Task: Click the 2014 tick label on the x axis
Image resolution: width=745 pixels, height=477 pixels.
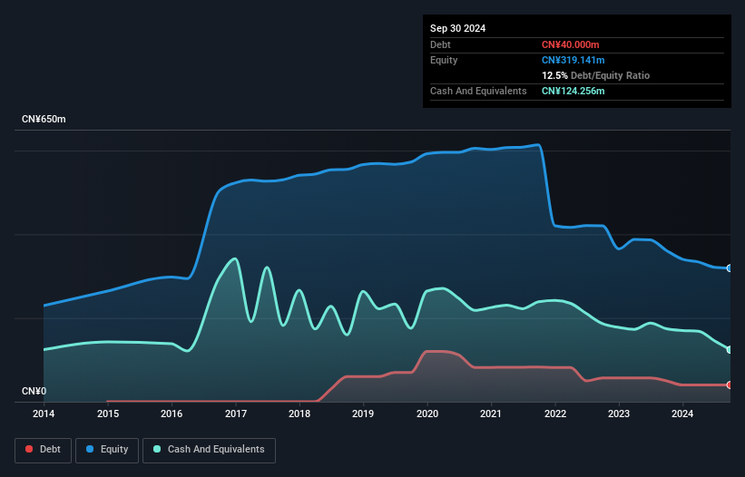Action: tap(44, 414)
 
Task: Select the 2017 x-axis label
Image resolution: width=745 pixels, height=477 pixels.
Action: tap(236, 414)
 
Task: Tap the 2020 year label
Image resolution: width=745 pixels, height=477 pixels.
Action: tap(427, 414)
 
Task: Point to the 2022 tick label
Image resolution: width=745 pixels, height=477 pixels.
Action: tap(555, 414)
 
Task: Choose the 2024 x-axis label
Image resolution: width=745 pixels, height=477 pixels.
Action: tap(682, 414)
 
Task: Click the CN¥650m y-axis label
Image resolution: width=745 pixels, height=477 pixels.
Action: tap(44, 119)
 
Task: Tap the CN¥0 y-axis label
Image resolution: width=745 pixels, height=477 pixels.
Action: tap(34, 391)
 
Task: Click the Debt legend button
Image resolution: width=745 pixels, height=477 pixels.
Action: tap(44, 450)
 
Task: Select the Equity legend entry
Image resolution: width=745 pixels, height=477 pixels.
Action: tap(107, 450)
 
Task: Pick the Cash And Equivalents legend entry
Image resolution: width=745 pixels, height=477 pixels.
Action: tap(209, 450)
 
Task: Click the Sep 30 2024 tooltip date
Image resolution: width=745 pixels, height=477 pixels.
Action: tap(457, 28)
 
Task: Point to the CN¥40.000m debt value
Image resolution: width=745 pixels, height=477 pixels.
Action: tap(570, 44)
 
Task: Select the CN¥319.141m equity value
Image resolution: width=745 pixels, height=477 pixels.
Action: tap(573, 60)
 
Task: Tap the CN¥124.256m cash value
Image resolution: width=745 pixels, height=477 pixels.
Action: tap(573, 91)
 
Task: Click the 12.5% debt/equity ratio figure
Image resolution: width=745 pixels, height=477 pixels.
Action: tap(554, 75)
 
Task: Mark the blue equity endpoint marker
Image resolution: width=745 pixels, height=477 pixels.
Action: tap(730, 268)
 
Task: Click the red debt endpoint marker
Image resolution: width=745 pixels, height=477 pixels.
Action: tap(730, 385)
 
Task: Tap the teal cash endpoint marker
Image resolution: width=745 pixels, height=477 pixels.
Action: tap(730, 350)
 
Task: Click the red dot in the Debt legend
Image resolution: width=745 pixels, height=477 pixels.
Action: tap(29, 449)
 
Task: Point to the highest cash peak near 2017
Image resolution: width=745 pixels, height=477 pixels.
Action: tap(234, 258)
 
